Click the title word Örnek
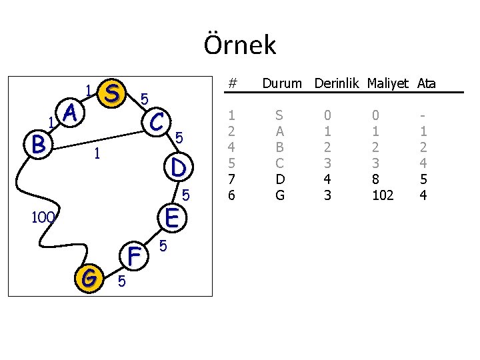[x=239, y=45]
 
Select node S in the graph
[x=113, y=94]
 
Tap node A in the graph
[x=71, y=114]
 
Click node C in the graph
[x=158, y=121]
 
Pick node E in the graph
[x=172, y=217]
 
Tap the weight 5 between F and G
[x=121, y=282]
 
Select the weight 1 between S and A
[x=89, y=89]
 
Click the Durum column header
[x=282, y=84]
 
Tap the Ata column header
[x=427, y=84]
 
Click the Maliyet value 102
[x=382, y=195]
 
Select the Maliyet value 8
[x=378, y=179]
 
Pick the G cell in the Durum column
[x=280, y=195]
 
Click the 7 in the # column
[x=231, y=179]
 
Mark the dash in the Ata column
[x=423, y=114]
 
